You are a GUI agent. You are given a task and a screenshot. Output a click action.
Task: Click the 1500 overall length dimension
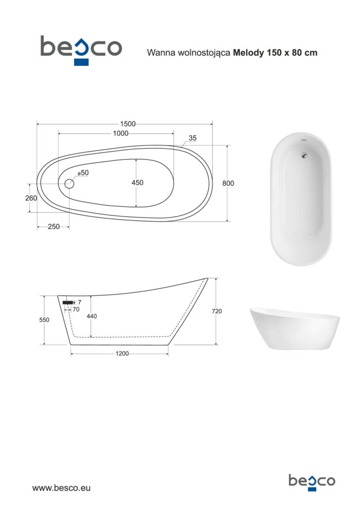128,124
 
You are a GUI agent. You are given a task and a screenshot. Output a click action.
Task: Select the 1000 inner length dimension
120,133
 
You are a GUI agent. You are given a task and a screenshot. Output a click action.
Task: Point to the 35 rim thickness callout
192,138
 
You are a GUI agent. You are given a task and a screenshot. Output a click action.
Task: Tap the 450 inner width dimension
137,183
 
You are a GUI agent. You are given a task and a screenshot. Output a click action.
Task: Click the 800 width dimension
228,184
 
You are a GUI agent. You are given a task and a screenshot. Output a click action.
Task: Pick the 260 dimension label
31,198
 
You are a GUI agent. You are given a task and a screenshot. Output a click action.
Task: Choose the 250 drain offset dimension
53,227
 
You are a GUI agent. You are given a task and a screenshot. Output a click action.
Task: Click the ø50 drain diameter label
83,173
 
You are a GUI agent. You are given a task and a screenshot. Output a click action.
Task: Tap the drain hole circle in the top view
69,184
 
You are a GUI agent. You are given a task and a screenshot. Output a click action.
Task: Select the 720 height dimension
217,311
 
